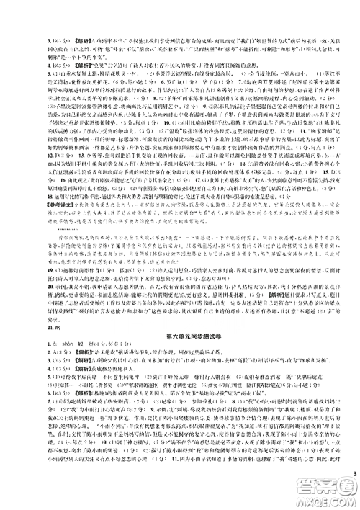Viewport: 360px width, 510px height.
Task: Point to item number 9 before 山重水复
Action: pos(7,73)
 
